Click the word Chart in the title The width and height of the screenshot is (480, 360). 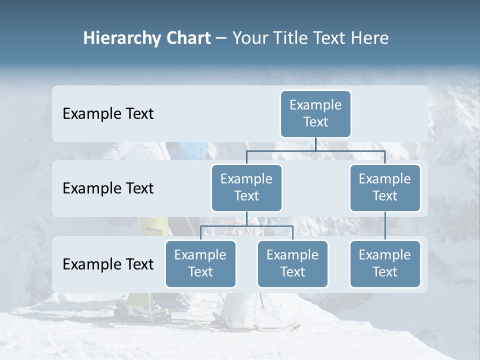tap(188, 38)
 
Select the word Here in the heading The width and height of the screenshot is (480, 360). tap(371, 38)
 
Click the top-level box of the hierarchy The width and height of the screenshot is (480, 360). tap(315, 113)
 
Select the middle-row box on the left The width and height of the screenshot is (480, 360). tap(246, 187)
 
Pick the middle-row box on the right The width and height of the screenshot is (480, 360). tap(385, 187)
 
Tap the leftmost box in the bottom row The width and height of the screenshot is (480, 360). tap(200, 263)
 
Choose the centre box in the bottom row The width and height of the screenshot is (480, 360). tap(292, 263)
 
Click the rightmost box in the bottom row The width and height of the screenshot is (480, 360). tap(385, 263)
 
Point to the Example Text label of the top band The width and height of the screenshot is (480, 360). tap(108, 114)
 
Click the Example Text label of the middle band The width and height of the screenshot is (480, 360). tap(108, 188)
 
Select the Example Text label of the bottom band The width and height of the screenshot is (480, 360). tap(108, 264)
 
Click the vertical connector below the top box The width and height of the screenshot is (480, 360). tap(315, 144)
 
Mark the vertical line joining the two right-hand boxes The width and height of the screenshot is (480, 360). tap(385, 226)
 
